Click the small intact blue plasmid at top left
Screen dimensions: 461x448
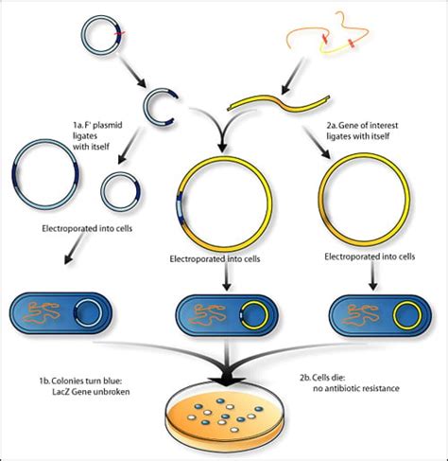tap(100, 33)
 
